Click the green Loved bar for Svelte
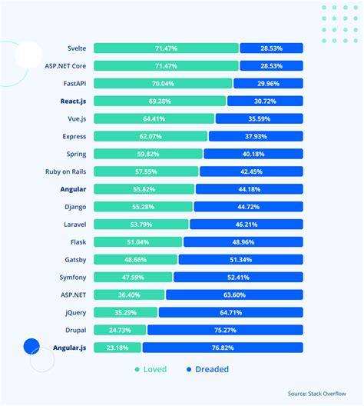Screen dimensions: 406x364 166,48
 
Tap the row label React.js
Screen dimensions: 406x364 78,101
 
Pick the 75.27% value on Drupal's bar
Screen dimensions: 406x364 225,330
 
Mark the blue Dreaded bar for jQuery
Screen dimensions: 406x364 230,312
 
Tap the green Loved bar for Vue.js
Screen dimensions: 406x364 154,118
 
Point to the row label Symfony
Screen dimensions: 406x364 80,277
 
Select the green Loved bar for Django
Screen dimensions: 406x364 144,206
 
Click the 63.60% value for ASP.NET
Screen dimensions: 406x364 233,295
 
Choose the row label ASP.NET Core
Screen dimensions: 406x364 70,65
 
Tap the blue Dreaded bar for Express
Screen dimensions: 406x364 256,136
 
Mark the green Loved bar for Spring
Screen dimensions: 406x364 149,154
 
